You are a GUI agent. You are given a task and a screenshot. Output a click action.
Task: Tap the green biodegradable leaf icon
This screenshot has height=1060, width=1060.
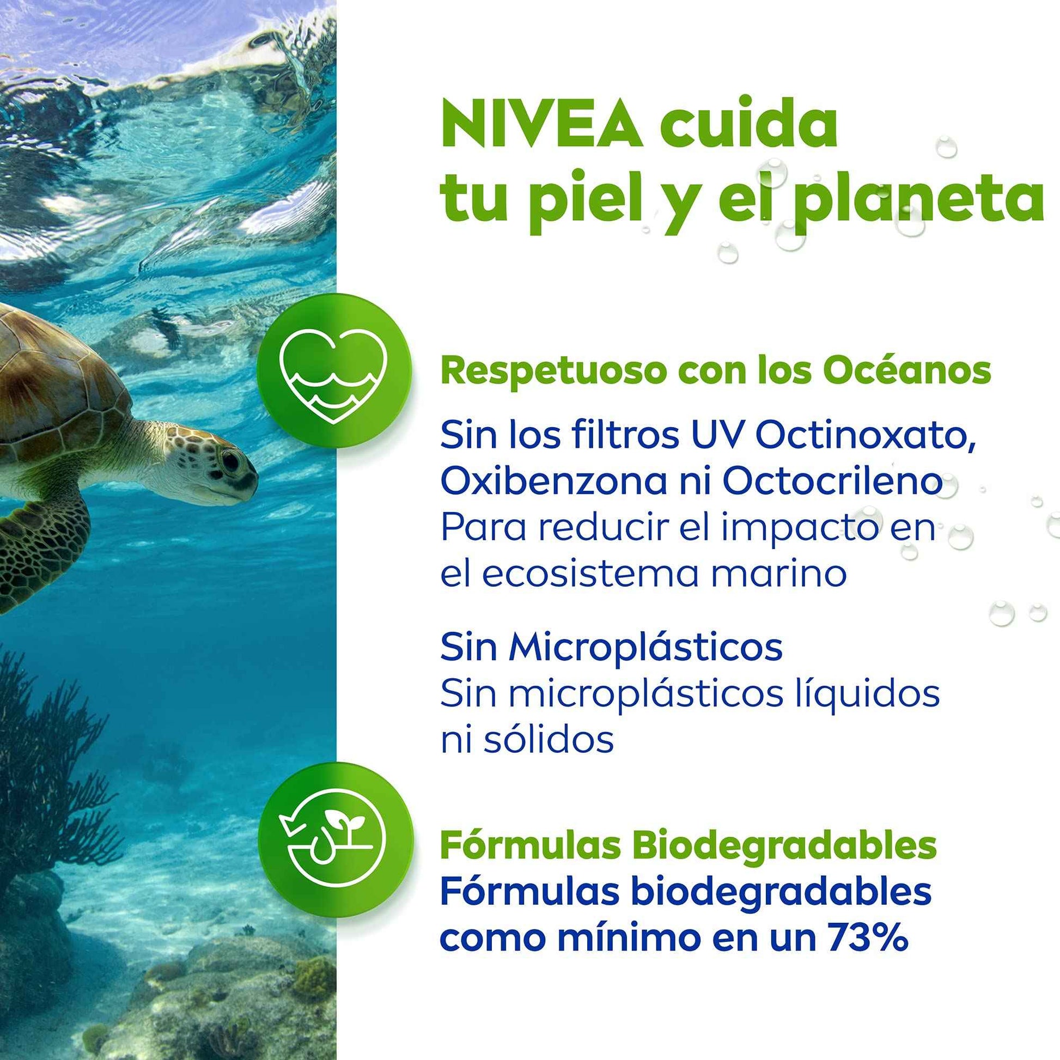point(335,839)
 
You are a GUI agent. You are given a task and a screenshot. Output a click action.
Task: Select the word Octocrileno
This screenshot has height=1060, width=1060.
point(832,481)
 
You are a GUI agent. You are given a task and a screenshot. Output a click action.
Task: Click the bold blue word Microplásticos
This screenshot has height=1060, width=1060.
point(645,648)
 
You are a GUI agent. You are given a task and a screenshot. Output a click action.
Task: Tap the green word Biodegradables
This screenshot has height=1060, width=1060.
point(784,845)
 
